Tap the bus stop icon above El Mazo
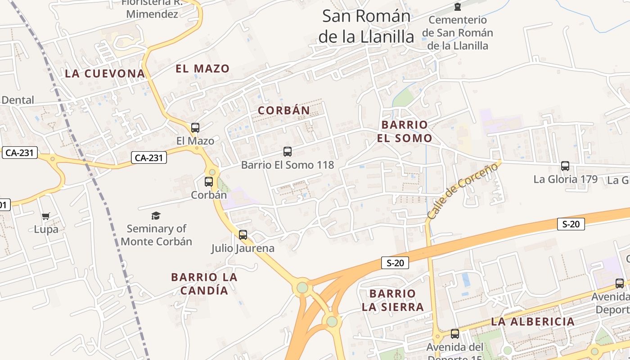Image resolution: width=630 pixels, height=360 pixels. tap(195, 128)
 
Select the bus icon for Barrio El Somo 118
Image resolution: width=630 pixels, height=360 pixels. tap(288, 152)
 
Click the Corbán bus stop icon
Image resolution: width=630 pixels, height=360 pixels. tap(209, 182)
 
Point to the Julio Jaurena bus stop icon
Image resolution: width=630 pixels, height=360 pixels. tap(243, 235)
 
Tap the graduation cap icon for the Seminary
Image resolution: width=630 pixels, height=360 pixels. tap(156, 216)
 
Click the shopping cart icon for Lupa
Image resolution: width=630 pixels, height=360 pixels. tap(46, 216)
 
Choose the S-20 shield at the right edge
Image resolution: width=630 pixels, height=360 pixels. tap(571, 224)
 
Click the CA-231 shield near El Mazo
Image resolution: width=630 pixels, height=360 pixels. tap(149, 158)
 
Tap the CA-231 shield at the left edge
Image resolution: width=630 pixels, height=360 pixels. tap(20, 153)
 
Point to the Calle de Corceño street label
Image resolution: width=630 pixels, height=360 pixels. tap(463, 191)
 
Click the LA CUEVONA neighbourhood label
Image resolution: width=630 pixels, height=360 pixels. tap(105, 74)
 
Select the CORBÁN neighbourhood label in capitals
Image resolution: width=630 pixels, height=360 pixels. tap(284, 110)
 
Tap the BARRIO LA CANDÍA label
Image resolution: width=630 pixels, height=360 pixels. tap(204, 283)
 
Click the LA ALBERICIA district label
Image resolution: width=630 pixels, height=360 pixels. tap(533, 322)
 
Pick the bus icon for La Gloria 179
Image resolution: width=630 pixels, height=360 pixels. tap(565, 166)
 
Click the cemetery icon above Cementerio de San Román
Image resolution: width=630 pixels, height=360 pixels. tap(458, 7)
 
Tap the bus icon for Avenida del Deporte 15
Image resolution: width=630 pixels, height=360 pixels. tap(455, 334)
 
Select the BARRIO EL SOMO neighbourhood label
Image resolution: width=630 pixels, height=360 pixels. tap(404, 131)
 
